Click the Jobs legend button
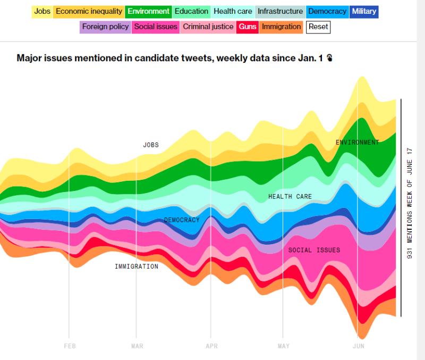(42, 11)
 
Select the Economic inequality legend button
(89, 11)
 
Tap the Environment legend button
(149, 11)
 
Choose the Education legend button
(191, 11)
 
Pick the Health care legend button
(233, 11)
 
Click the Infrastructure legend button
(280, 11)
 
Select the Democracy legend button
(327, 11)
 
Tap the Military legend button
(364, 11)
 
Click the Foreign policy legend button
(105, 27)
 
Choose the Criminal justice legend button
(208, 27)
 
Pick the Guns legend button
(248, 27)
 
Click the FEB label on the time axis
(69, 346)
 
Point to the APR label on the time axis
(211, 346)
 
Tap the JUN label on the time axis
(359, 346)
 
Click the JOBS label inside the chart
(151, 145)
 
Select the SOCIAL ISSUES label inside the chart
(314, 250)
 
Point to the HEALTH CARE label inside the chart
(290, 197)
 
